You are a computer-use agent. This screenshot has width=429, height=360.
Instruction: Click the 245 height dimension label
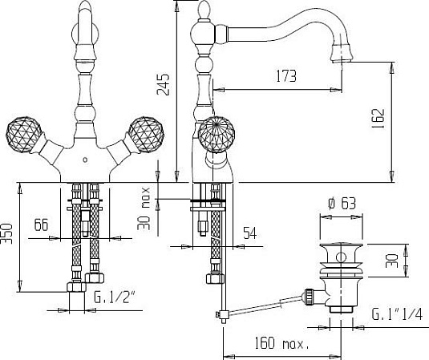[x=163, y=84]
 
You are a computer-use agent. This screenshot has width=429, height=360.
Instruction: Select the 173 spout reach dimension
[x=286, y=76]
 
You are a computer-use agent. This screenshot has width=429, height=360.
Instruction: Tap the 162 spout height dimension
[x=378, y=119]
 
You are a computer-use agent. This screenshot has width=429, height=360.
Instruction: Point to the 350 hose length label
[x=7, y=233]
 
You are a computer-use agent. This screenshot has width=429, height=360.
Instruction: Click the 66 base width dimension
[x=42, y=224]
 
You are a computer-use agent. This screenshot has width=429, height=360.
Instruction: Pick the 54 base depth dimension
[x=250, y=233]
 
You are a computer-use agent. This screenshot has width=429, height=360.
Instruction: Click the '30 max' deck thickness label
[x=144, y=208]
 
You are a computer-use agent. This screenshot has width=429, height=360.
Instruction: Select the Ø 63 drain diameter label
[x=342, y=204]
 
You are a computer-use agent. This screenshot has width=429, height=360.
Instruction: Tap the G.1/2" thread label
[x=115, y=297]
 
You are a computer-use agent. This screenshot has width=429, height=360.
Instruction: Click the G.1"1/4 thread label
[x=397, y=313]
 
